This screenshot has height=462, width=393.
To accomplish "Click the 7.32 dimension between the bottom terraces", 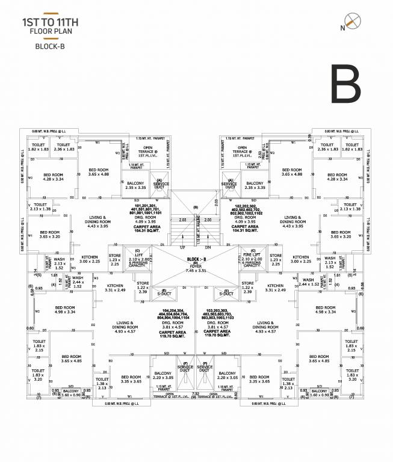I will point(196,394).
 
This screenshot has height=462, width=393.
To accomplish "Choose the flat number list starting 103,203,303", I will point(227,313).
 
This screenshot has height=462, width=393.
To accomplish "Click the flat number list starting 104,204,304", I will point(163,313).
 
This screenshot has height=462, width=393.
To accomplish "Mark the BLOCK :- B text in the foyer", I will point(196,258).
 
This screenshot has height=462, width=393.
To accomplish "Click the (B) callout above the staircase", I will point(195,208).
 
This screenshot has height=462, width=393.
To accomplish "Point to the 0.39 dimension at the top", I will point(309,137).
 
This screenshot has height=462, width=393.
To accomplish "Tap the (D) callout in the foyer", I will point(196,262).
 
